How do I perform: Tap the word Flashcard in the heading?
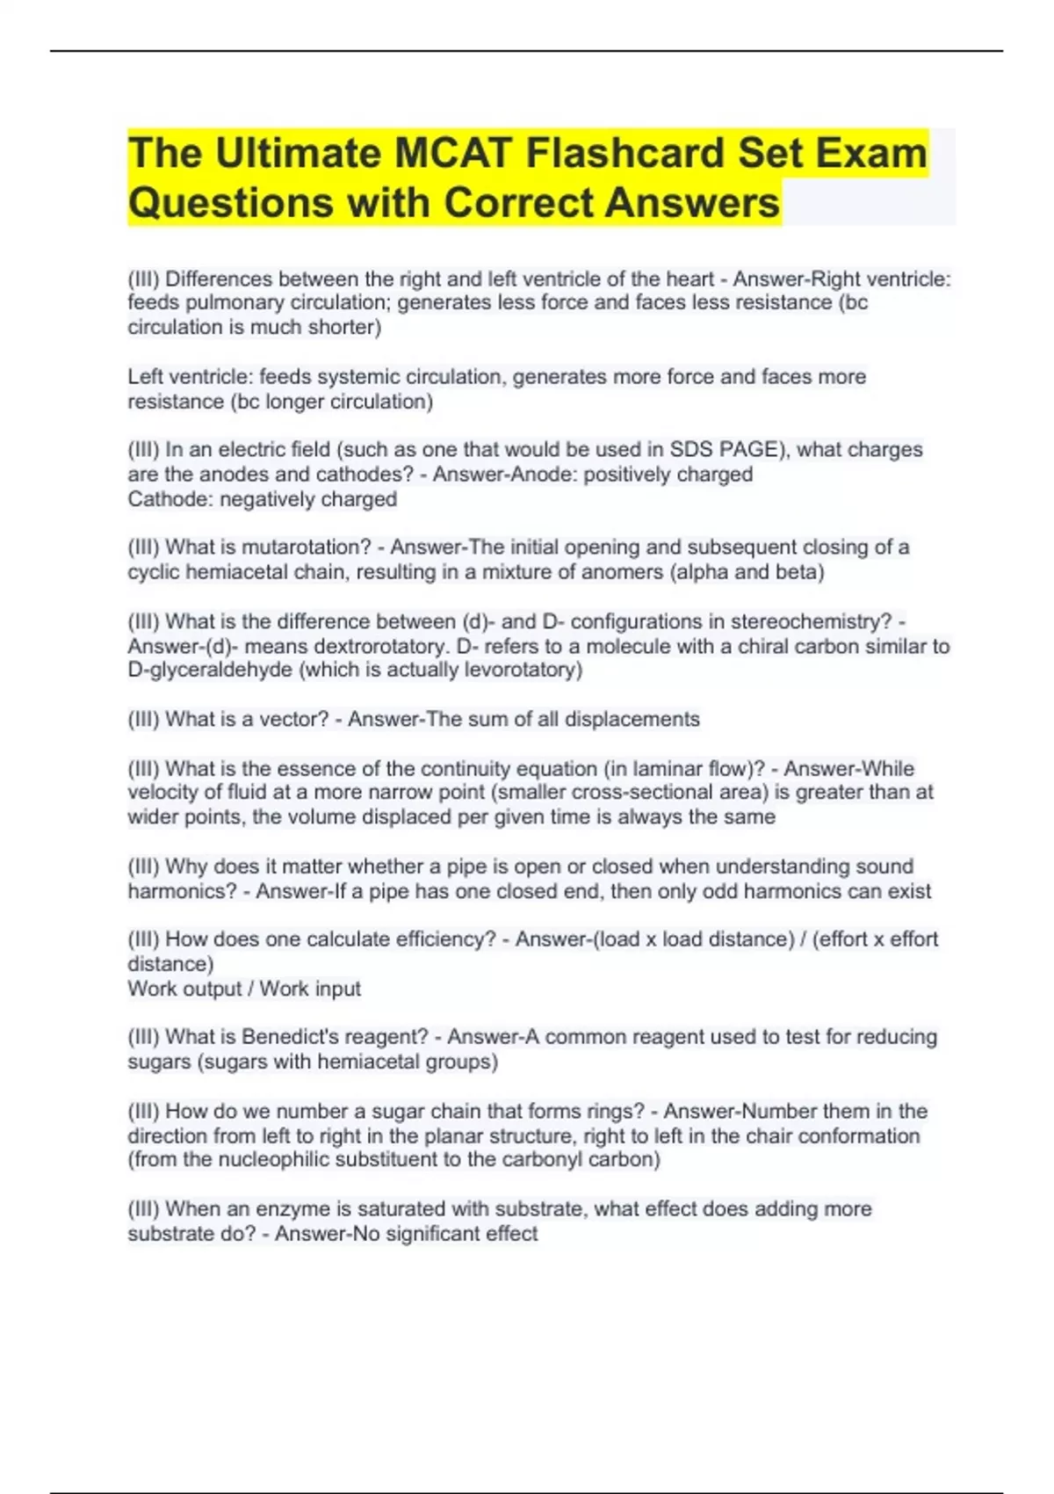coord(626,153)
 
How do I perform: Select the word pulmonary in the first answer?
coord(231,302)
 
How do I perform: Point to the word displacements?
coord(632,720)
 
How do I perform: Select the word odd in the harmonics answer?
coord(718,892)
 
